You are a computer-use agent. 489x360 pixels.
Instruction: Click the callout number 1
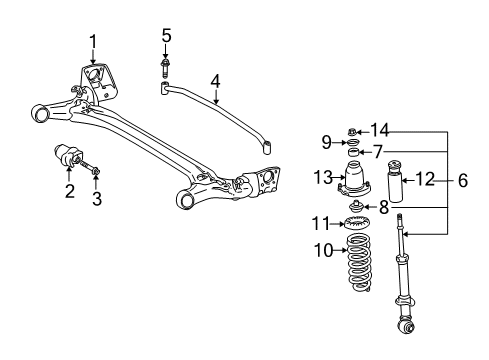coord(93,41)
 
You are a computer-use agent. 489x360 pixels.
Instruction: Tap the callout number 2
coord(69,190)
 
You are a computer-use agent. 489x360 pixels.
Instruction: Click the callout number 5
coord(166,37)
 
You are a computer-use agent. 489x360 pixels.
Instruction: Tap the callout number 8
coord(384,206)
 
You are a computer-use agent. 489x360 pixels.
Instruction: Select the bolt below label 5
coord(166,68)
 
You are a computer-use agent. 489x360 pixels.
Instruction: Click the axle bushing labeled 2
coord(72,158)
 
